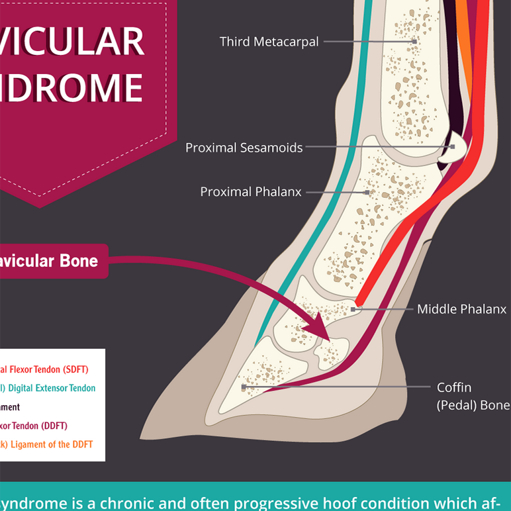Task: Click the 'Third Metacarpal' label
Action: (269, 42)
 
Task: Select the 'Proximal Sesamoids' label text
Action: (244, 148)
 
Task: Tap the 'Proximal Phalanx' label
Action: (251, 192)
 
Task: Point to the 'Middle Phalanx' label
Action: (461, 309)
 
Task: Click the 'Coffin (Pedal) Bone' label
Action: (473, 396)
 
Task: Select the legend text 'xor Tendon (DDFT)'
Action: (34, 426)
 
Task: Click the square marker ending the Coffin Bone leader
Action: (244, 386)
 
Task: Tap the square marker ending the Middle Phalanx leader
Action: (353, 309)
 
